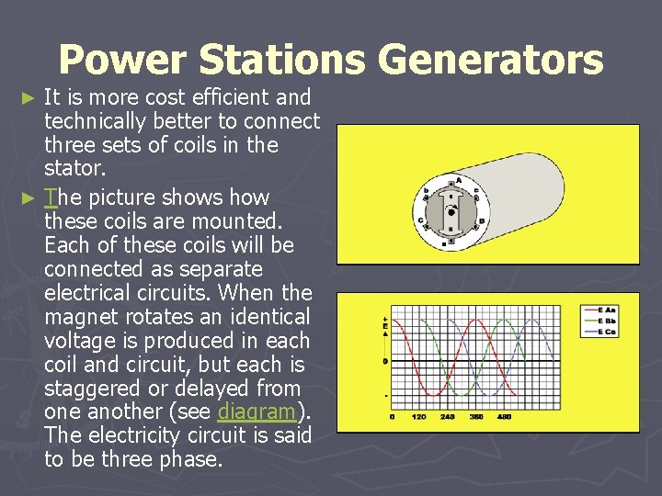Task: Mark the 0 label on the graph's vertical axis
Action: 384,361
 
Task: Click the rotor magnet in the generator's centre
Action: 451,211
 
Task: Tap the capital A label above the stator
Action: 462,182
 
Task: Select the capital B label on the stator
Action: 479,220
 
